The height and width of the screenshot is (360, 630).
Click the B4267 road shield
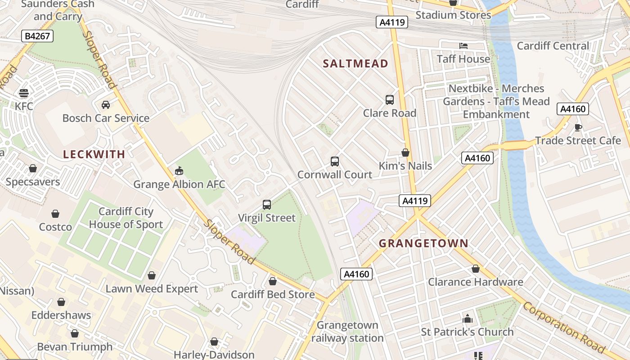pos(37,36)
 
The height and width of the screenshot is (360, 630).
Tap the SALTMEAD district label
pos(355,63)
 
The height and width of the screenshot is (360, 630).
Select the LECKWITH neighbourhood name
pos(94,154)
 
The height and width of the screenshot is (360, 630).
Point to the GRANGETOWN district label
pos(423,243)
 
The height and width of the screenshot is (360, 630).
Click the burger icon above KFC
pos(24,93)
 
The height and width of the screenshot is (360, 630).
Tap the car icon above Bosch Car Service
pos(106,105)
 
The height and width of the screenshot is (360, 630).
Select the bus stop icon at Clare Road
pos(390,100)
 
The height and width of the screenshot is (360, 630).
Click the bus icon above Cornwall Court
pos(335,162)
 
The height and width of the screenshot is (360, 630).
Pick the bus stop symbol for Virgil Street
pos(267,205)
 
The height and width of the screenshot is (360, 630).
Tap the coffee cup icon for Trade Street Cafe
pos(578,127)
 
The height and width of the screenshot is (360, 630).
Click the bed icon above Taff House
pos(463,46)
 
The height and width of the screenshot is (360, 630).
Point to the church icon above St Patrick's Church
pos(468,319)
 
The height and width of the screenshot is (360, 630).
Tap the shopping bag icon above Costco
pos(55,214)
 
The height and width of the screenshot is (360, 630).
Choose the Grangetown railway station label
pos(347,331)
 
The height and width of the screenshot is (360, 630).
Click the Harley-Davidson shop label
pos(214,355)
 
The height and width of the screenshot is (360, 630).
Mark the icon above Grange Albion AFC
pos(179,171)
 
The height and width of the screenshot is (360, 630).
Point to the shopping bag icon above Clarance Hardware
pos(476,269)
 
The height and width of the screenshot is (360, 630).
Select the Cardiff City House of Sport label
pos(126,218)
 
